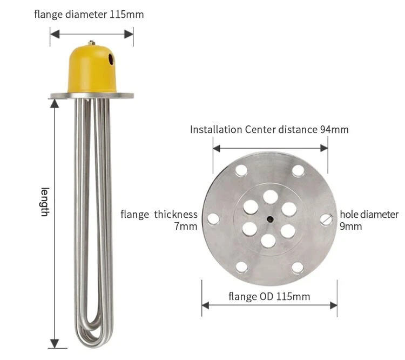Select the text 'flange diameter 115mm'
(x=89, y=15)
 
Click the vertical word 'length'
(x=45, y=202)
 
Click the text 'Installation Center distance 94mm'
(x=269, y=129)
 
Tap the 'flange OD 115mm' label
(x=269, y=296)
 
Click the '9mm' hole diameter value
(x=350, y=226)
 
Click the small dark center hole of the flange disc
(x=269, y=218)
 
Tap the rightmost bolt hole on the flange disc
(x=326, y=218)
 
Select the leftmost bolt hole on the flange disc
(x=213, y=218)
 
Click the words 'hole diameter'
(x=369, y=215)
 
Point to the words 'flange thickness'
(x=159, y=215)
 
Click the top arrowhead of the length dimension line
(x=55, y=103)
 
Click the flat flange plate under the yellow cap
(x=92, y=96)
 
